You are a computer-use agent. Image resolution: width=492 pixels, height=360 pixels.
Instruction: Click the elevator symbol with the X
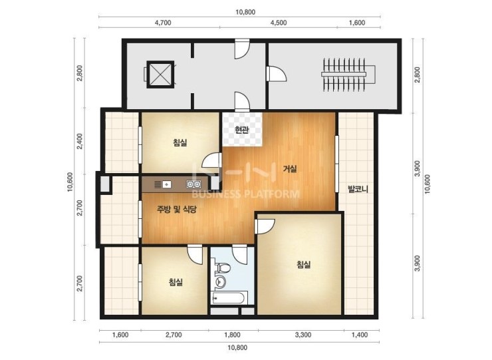[160, 75]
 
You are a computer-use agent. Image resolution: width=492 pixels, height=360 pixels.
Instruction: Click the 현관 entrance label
[242, 130]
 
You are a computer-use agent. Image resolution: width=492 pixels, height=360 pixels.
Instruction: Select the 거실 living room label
[290, 169]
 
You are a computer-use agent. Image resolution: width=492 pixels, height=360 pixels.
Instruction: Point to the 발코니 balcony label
[358, 189]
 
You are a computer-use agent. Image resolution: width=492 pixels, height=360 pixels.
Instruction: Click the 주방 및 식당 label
[177, 209]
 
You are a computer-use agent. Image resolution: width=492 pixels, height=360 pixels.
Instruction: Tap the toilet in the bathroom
[223, 268]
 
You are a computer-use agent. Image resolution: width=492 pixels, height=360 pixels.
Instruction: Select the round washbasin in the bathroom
[220, 281]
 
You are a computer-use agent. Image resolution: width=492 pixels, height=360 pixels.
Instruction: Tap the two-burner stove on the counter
[193, 184]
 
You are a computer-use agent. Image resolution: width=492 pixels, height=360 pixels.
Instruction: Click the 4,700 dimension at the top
[163, 23]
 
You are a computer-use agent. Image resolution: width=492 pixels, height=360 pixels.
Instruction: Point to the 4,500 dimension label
[279, 23]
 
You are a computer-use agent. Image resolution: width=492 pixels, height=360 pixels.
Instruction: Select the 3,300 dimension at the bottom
[303, 335]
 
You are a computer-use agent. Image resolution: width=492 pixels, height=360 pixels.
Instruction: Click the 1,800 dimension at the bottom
[233, 335]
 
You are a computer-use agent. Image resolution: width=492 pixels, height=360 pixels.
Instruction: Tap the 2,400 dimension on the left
[80, 141]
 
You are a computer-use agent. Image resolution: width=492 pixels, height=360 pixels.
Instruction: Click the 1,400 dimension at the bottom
[360, 335]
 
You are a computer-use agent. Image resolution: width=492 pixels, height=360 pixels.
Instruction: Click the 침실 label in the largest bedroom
[303, 264]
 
